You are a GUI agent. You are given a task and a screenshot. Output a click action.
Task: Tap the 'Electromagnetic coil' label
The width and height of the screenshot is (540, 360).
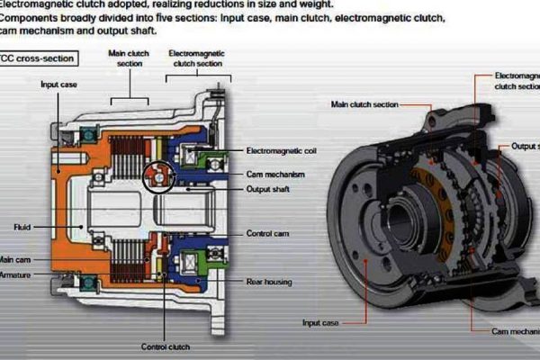click(280, 151)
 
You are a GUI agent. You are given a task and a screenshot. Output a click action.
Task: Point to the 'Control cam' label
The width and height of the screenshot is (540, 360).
click(267, 233)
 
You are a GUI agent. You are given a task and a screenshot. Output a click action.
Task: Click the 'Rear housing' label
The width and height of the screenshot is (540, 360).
click(269, 282)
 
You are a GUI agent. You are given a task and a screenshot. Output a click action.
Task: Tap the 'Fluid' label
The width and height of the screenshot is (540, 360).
click(22, 227)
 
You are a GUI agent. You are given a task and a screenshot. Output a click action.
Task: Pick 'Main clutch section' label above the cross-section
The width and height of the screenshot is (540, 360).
click(128, 58)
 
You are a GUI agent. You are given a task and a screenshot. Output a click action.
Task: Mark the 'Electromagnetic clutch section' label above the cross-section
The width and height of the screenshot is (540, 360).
click(196, 58)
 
